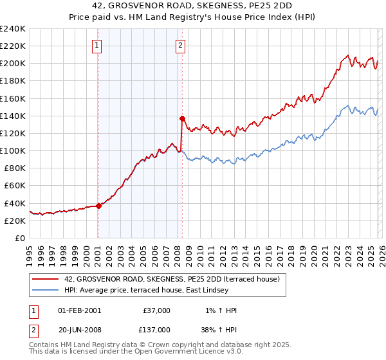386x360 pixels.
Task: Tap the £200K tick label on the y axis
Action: tap(12, 64)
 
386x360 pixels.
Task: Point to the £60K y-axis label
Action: tap(15, 186)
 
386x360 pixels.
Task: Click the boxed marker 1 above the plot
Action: tap(96, 45)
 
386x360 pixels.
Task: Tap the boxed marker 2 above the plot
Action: tap(180, 45)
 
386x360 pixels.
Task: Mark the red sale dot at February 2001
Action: tap(98, 206)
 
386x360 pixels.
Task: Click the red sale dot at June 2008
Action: tap(183, 118)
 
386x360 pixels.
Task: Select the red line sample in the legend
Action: tap(45, 280)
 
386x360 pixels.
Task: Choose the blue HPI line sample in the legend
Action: tap(45, 290)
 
